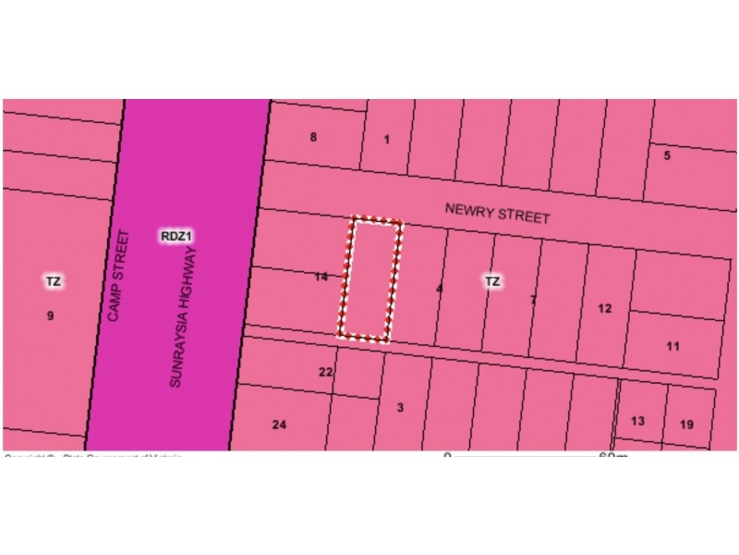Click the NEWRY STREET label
point(497,213)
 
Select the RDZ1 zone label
point(176,237)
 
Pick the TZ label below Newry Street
point(491,281)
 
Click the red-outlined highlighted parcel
point(370,279)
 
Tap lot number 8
point(313,138)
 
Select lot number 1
point(386,141)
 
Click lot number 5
point(667,155)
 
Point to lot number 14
point(321,277)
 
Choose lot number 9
point(50,316)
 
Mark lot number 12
point(604,309)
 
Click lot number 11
point(672,347)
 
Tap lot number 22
point(325,373)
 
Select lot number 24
point(279,425)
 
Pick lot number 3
point(400,408)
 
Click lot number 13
point(637,422)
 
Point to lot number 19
point(686,425)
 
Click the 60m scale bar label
point(612,455)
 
